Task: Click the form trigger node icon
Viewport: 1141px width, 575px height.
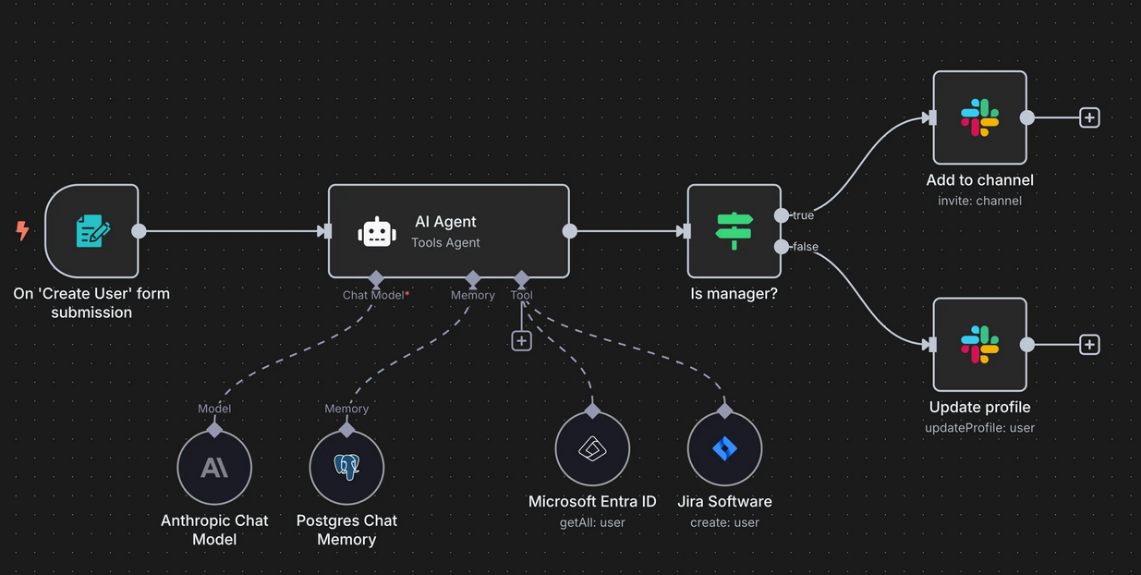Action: point(91,230)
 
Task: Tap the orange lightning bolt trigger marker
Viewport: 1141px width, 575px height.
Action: point(23,230)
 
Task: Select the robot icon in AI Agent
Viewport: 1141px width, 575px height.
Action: point(377,232)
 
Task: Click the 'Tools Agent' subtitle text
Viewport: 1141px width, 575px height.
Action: point(445,242)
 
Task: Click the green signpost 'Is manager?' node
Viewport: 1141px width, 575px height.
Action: point(734,230)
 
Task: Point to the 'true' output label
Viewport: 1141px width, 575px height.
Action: point(803,215)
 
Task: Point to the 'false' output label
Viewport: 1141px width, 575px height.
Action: point(805,247)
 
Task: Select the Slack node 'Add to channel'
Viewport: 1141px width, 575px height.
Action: point(979,118)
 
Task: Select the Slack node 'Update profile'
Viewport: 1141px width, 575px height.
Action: point(979,344)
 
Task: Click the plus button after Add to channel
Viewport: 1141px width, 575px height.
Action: point(1089,118)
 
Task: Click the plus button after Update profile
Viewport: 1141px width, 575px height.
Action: point(1089,345)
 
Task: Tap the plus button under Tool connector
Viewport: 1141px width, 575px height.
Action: point(521,341)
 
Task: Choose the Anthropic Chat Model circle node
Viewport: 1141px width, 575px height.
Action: point(214,468)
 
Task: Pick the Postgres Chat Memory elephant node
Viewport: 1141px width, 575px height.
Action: point(346,468)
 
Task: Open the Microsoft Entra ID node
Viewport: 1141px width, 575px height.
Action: point(592,449)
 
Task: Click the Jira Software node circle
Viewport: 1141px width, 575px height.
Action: point(724,449)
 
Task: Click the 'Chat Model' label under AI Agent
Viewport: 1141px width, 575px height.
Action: point(373,295)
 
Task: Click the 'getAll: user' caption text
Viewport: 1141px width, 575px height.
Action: point(592,522)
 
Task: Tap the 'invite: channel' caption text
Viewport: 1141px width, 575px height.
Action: point(979,201)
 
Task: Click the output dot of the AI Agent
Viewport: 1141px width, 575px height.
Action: point(570,231)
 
